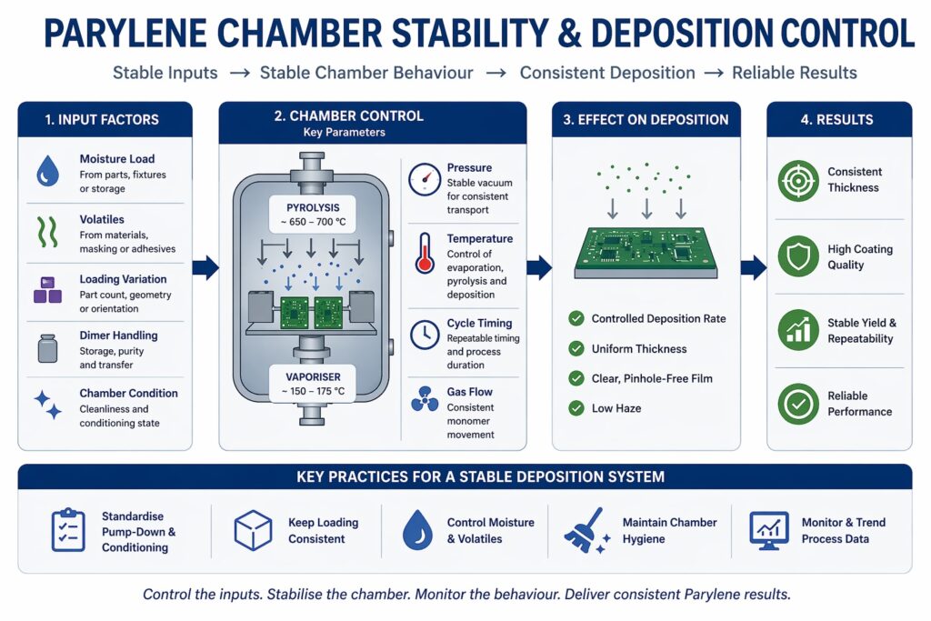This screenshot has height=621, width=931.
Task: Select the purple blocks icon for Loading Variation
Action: [x=47, y=290]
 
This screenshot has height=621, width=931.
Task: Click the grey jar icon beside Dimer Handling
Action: [x=47, y=348]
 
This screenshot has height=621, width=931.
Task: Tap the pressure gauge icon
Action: [x=424, y=178]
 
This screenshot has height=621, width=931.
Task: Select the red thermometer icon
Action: [x=424, y=252]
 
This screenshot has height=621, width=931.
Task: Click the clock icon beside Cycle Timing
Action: [x=424, y=335]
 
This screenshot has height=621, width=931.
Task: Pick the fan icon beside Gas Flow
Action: [x=424, y=400]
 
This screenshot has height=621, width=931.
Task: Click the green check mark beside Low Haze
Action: [x=576, y=408]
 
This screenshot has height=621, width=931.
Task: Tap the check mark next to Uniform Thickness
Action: [x=576, y=348]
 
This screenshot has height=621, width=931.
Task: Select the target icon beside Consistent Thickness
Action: [x=798, y=180]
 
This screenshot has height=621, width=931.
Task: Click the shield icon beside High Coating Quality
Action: [x=798, y=256]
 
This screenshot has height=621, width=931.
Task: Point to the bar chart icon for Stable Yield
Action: [x=798, y=331]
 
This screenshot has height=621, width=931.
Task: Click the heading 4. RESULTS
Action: [x=841, y=119]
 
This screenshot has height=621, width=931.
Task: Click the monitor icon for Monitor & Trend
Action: [x=768, y=530]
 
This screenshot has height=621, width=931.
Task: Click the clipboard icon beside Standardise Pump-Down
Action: [x=68, y=531]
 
